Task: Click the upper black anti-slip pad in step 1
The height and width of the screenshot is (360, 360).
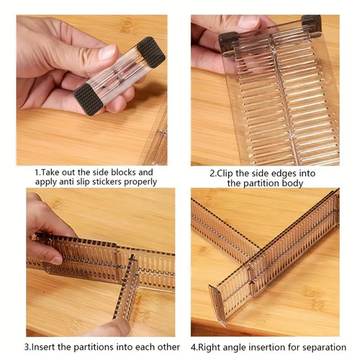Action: click(x=151, y=52)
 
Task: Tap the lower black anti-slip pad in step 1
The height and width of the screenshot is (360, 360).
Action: click(x=88, y=99)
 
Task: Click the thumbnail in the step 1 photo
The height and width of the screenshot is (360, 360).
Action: click(x=107, y=52)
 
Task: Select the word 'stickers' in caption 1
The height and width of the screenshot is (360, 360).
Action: click(x=107, y=182)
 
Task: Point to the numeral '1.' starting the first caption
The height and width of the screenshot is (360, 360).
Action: click(x=38, y=172)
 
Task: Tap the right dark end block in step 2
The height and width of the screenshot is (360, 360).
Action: click(x=312, y=24)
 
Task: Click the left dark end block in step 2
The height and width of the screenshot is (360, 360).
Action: click(x=228, y=42)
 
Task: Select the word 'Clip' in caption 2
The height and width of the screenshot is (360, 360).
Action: click(x=225, y=174)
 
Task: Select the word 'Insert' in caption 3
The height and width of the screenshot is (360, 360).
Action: click(x=44, y=347)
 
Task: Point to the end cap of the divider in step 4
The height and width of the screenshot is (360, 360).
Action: click(x=218, y=305)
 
